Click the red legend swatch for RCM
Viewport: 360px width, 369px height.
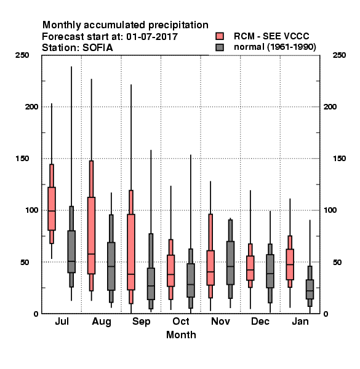point(220,36)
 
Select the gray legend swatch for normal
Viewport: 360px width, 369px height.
point(220,47)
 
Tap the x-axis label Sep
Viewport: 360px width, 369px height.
point(141,322)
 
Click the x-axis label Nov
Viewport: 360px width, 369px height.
point(220,321)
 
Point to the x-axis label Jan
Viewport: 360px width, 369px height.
point(300,321)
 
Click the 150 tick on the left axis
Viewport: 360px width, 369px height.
point(22,159)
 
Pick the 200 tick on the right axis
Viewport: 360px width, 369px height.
point(330,107)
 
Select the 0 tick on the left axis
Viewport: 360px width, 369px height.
point(36,314)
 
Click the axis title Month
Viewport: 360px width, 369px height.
point(181,335)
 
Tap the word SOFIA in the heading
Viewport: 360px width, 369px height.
point(98,48)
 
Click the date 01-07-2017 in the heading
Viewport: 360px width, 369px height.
point(152,37)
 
